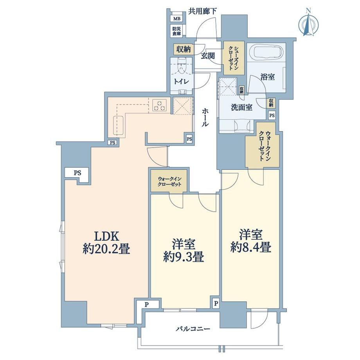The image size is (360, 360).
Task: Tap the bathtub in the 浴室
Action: point(266,52)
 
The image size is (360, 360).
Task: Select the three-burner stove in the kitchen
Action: point(160,105)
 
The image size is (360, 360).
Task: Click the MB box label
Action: point(176,19)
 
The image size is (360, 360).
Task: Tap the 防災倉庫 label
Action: point(176,31)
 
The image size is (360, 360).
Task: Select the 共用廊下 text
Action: point(203,11)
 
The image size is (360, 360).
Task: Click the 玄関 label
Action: point(208,56)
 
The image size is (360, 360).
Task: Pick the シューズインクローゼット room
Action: point(233,58)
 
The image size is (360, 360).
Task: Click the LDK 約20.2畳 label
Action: point(106,243)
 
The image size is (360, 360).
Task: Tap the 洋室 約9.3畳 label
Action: point(184,250)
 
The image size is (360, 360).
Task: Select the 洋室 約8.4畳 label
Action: point(251,241)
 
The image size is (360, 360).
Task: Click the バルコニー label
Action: point(193,329)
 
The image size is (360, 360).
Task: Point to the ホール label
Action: point(205,117)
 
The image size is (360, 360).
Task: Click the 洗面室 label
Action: point(241,107)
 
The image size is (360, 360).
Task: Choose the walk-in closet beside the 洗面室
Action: point(263,145)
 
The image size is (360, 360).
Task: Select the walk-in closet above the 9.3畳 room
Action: point(169,181)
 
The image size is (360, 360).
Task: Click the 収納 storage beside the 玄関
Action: point(184,49)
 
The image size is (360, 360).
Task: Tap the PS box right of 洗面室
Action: point(272,115)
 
